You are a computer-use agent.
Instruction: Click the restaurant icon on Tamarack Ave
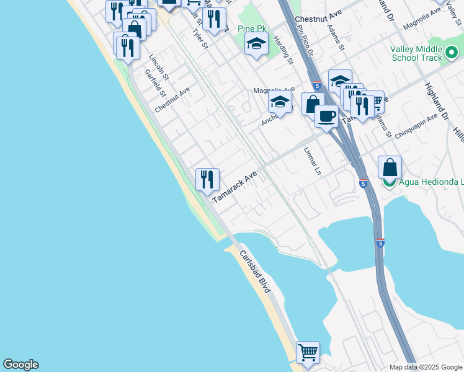(x=207, y=180)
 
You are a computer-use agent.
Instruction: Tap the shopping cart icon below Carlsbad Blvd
(x=308, y=352)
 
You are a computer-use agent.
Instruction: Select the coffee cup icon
(x=326, y=115)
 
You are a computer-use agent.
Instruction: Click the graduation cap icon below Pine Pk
(x=256, y=44)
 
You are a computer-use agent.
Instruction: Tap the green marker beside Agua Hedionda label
(x=389, y=182)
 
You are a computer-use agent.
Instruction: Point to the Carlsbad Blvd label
(x=255, y=274)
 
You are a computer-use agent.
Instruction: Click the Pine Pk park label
(x=252, y=29)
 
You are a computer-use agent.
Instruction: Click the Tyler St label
(x=200, y=38)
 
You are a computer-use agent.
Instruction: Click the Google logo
(x=20, y=365)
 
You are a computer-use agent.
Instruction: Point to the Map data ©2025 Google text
(x=424, y=367)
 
